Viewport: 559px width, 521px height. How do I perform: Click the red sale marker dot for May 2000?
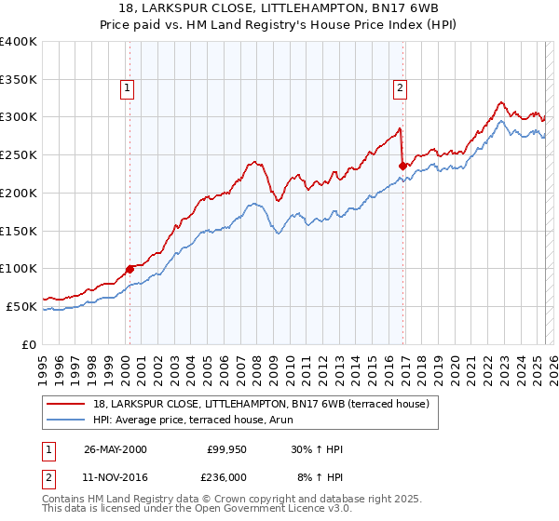pos(130,269)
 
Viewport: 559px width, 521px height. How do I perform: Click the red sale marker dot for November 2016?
pos(403,166)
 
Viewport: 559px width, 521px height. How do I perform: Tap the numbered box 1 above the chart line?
pos(126,88)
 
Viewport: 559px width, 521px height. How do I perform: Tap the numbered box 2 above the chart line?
pos(400,88)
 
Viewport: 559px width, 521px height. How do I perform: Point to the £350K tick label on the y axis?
pos(19,80)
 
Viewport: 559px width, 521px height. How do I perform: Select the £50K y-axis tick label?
pos(22,306)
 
